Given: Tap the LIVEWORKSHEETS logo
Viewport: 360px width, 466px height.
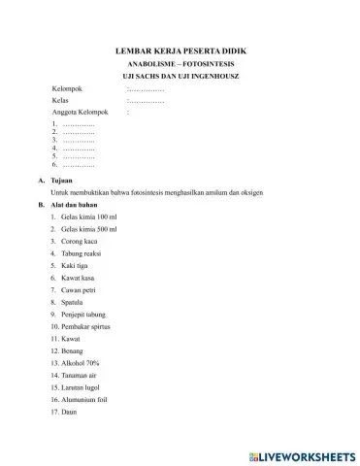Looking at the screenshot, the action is pos(307,453).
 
